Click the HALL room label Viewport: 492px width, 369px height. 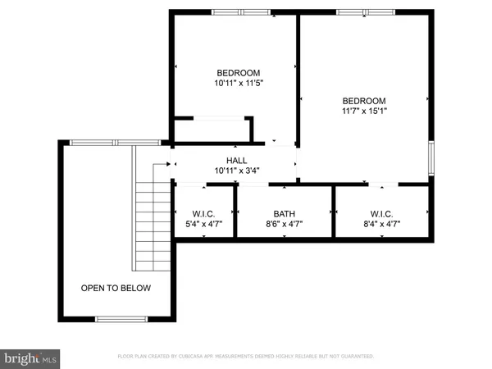237,161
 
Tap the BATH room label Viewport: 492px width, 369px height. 285,213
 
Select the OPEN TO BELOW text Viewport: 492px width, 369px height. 116,289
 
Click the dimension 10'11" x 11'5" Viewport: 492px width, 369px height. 239,83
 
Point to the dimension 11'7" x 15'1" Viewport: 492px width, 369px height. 364,112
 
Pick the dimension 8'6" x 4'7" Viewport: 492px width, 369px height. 285,223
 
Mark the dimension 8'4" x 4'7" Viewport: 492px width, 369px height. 381,223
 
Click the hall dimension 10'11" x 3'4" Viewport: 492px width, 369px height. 237,171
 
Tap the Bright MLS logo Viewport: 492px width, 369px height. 31,358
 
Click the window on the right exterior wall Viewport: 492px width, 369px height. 431,157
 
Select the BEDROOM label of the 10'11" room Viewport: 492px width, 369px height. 239,72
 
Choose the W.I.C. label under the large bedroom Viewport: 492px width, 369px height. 381,213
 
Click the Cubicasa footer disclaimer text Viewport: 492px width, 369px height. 246,357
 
